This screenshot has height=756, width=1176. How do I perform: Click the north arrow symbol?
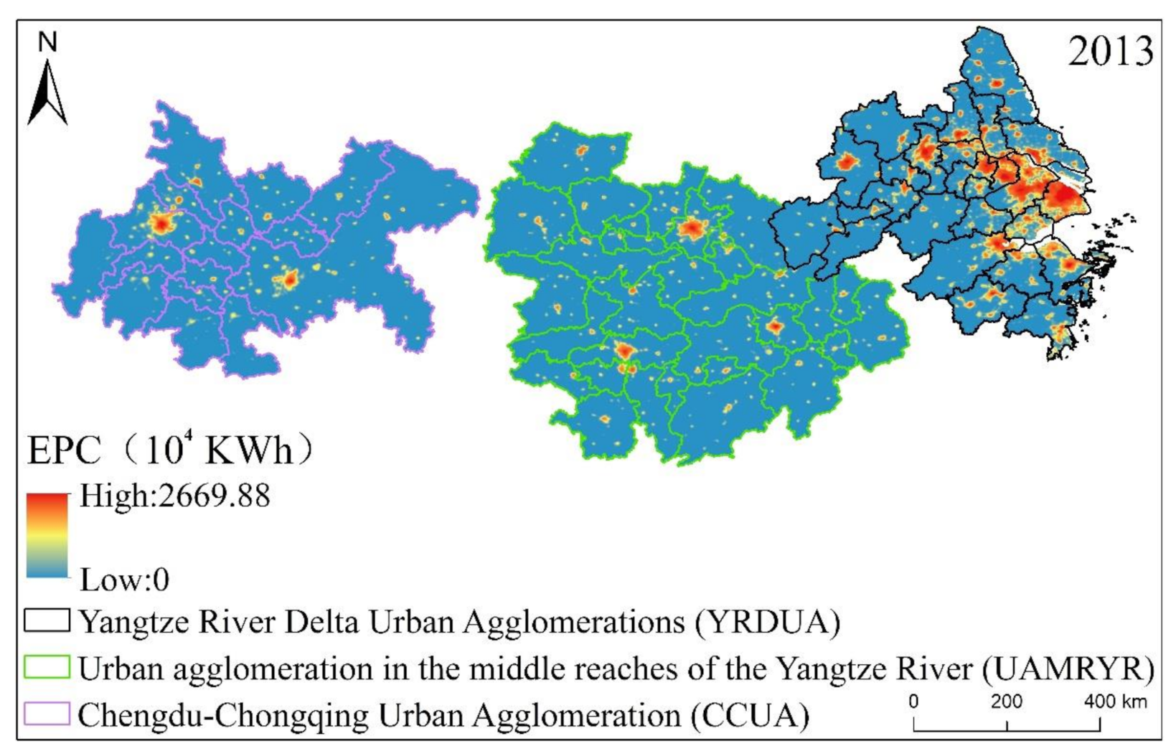click(47, 93)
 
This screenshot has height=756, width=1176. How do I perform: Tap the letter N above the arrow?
click(47, 42)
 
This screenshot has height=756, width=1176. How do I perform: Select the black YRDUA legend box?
click(47, 620)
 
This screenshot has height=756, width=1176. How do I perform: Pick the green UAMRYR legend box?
click(47, 667)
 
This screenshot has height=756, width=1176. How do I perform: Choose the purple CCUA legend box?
click(47, 714)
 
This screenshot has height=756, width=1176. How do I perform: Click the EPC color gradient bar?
click(47, 535)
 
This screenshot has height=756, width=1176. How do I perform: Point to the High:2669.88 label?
click(174, 496)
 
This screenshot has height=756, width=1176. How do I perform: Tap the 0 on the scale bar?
click(913, 701)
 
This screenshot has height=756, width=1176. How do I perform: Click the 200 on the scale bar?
click(1006, 701)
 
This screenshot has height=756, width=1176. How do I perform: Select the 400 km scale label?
click(1115, 701)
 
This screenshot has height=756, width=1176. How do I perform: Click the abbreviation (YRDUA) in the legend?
click(767, 621)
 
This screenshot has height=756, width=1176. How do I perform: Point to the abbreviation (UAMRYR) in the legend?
click(1068, 668)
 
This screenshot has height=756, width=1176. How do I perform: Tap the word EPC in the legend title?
click(64, 451)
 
